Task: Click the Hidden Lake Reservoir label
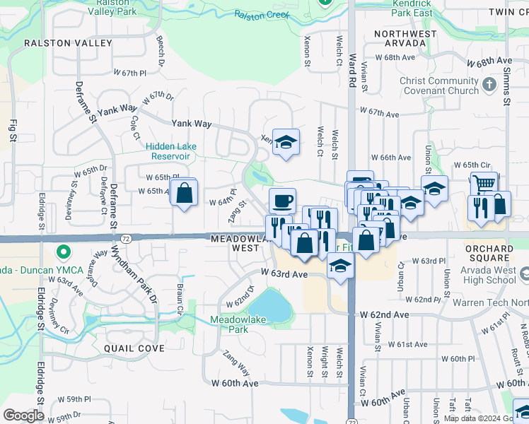[171, 151]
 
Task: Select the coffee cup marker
[282, 201]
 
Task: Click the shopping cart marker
[484, 184]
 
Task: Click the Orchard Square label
[489, 254]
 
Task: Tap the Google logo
[23, 415]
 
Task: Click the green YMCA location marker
[63, 252]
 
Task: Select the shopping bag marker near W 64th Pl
[184, 192]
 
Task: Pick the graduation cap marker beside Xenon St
[286, 141]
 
